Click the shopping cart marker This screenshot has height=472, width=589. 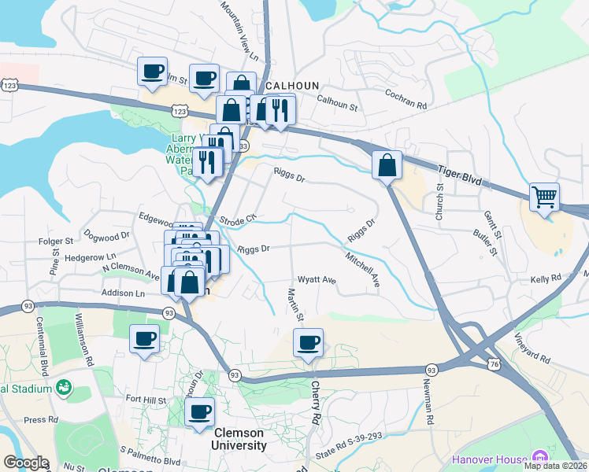coord(545,197)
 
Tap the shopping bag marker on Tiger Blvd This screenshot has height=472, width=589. coord(387,165)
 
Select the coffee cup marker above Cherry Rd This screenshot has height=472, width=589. coord(309,343)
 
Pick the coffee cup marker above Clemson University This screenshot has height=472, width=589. coord(199,411)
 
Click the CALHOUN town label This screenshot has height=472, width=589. coord(291,85)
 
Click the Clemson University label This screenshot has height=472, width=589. coord(239,439)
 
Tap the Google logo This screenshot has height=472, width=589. coord(25,463)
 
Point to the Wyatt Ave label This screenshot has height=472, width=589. coord(317,280)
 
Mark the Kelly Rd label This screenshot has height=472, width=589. coord(545,278)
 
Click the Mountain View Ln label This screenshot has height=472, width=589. coord(239,31)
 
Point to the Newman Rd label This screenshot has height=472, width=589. coord(430,402)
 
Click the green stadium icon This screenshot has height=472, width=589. coord(63,389)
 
